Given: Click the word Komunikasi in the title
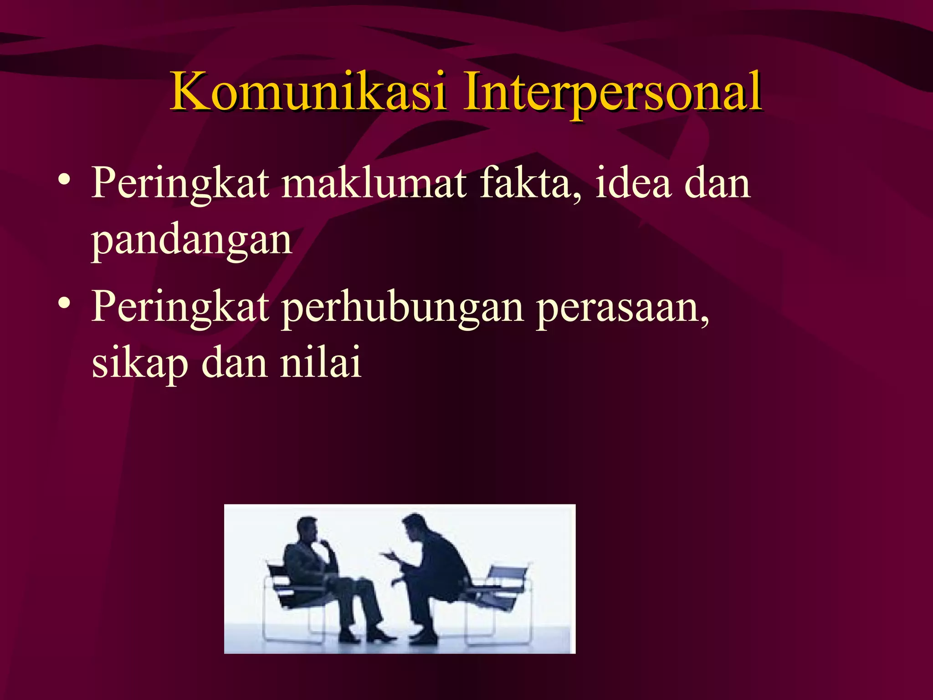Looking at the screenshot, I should pyautogui.click(x=308, y=93).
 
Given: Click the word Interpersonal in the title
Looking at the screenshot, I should pyautogui.click(x=611, y=93).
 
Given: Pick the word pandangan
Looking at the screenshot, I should pyautogui.click(x=191, y=242).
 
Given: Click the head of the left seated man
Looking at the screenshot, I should pyautogui.click(x=308, y=530).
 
